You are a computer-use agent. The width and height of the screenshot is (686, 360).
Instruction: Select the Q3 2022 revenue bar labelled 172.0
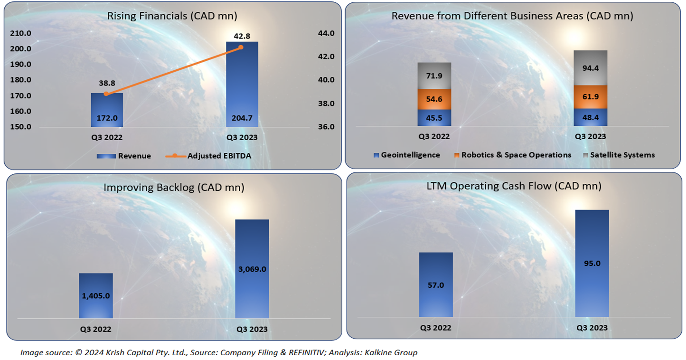click(107, 110)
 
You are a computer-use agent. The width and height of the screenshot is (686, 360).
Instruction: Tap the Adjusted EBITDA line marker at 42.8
click(241, 47)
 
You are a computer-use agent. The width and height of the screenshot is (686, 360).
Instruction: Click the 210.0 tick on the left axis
click(20, 33)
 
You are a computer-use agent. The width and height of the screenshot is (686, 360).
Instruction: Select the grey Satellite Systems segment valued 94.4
click(590, 68)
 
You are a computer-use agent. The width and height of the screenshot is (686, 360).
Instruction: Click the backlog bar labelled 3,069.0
click(252, 269)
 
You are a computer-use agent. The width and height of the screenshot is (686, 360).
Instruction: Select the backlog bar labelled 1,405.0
click(96, 295)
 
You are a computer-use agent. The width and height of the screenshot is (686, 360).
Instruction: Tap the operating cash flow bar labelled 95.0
click(592, 263)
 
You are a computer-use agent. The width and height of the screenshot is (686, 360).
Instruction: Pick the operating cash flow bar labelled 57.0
click(436, 284)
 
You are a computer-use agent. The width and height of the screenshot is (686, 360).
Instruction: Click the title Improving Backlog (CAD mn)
click(174, 187)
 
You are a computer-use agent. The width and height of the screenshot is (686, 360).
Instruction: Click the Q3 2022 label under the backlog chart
click(95, 329)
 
